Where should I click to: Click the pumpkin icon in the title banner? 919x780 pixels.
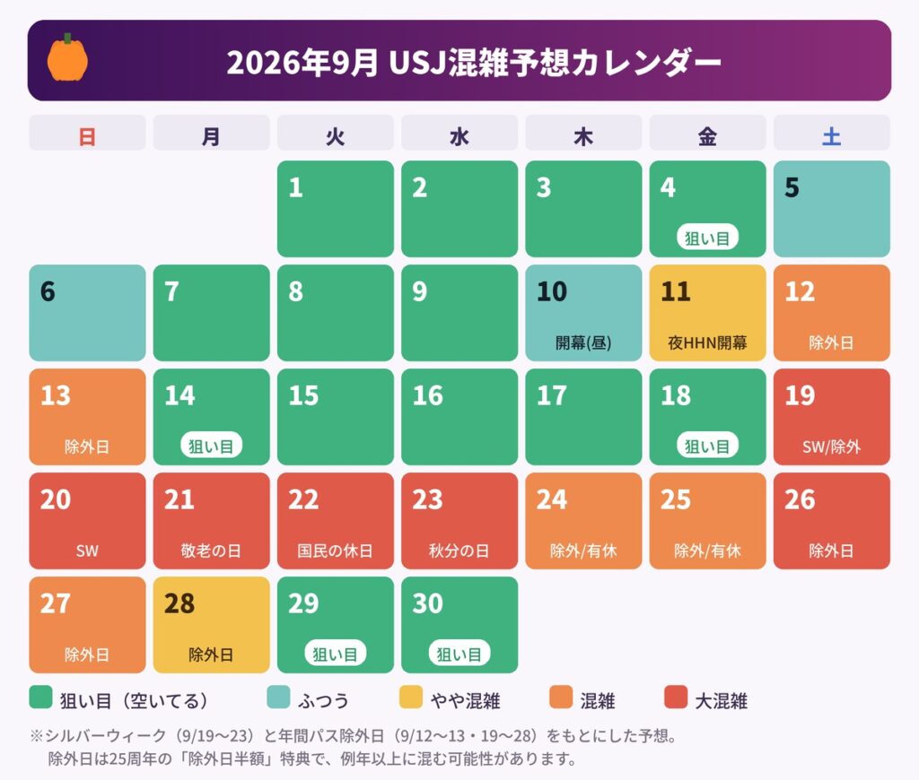(67, 57)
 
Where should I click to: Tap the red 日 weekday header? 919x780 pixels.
(87, 137)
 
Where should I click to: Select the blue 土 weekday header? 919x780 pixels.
(831, 137)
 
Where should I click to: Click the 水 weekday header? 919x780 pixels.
(459, 137)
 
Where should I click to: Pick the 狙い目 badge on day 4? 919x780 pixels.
(707, 238)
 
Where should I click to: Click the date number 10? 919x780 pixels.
(552, 291)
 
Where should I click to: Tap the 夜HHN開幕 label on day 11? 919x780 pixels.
(707, 342)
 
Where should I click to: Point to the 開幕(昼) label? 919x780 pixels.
(583, 342)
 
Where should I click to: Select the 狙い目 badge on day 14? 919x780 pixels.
(211, 446)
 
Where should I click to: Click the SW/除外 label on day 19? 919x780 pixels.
(831, 446)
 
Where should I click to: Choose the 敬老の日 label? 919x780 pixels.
(211, 550)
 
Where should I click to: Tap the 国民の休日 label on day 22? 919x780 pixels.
(335, 550)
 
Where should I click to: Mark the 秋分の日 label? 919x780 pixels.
(459, 550)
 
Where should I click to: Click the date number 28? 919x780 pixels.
(179, 603)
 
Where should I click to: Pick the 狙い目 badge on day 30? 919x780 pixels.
(459, 654)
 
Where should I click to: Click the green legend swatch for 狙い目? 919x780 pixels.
(40, 698)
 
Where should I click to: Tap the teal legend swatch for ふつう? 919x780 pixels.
(278, 698)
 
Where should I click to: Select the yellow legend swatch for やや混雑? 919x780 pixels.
(410, 698)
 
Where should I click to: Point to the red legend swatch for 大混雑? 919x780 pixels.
(676, 698)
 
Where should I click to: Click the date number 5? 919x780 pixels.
(792, 187)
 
